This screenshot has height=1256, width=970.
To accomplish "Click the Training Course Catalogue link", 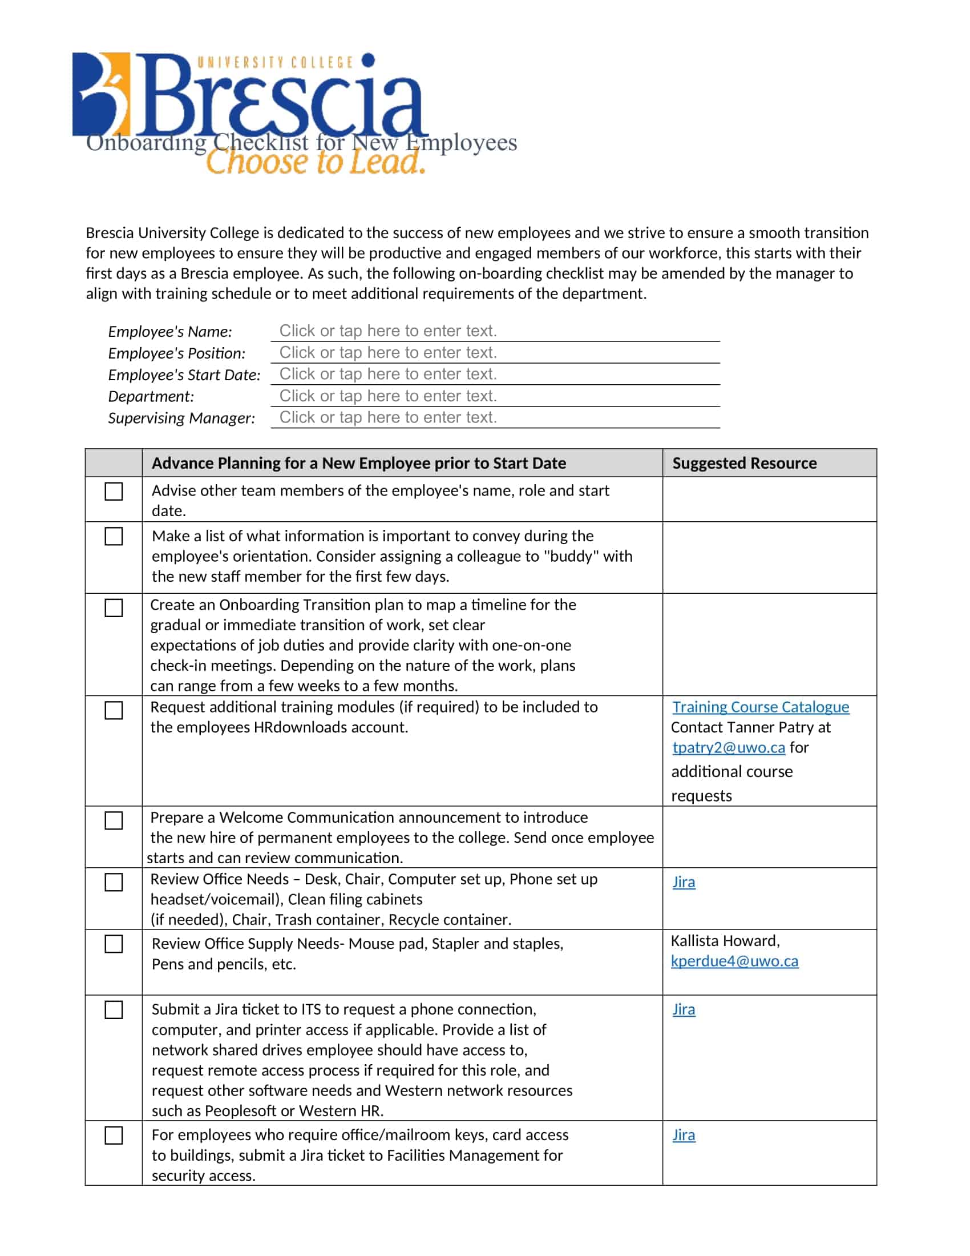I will click(760, 707).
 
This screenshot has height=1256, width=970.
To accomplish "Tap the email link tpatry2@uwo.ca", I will click(728, 747).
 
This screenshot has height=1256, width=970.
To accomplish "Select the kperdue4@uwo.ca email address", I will click(734, 961).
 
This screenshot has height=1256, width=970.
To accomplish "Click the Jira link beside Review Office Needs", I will click(683, 882).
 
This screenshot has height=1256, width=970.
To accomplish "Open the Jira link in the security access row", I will click(683, 1135).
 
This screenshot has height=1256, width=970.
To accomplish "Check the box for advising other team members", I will click(114, 492).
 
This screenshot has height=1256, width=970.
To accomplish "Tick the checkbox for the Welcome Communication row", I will click(114, 820).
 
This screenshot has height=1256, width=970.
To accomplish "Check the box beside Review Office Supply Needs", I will click(114, 944).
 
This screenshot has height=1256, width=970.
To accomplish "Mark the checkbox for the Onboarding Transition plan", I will click(114, 608).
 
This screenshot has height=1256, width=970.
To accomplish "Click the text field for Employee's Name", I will click(494, 331).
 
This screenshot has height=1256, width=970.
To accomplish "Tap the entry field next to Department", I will click(494, 396).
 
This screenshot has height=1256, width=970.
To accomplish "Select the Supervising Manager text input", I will click(494, 417).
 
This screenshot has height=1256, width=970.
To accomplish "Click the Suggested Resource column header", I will click(744, 463).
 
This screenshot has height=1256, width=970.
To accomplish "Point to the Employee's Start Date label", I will click(184, 375).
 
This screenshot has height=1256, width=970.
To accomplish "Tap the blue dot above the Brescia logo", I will click(369, 59).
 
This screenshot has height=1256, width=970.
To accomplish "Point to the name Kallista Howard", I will click(725, 941).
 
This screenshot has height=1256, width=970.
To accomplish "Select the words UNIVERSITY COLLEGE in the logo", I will click(274, 62).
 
